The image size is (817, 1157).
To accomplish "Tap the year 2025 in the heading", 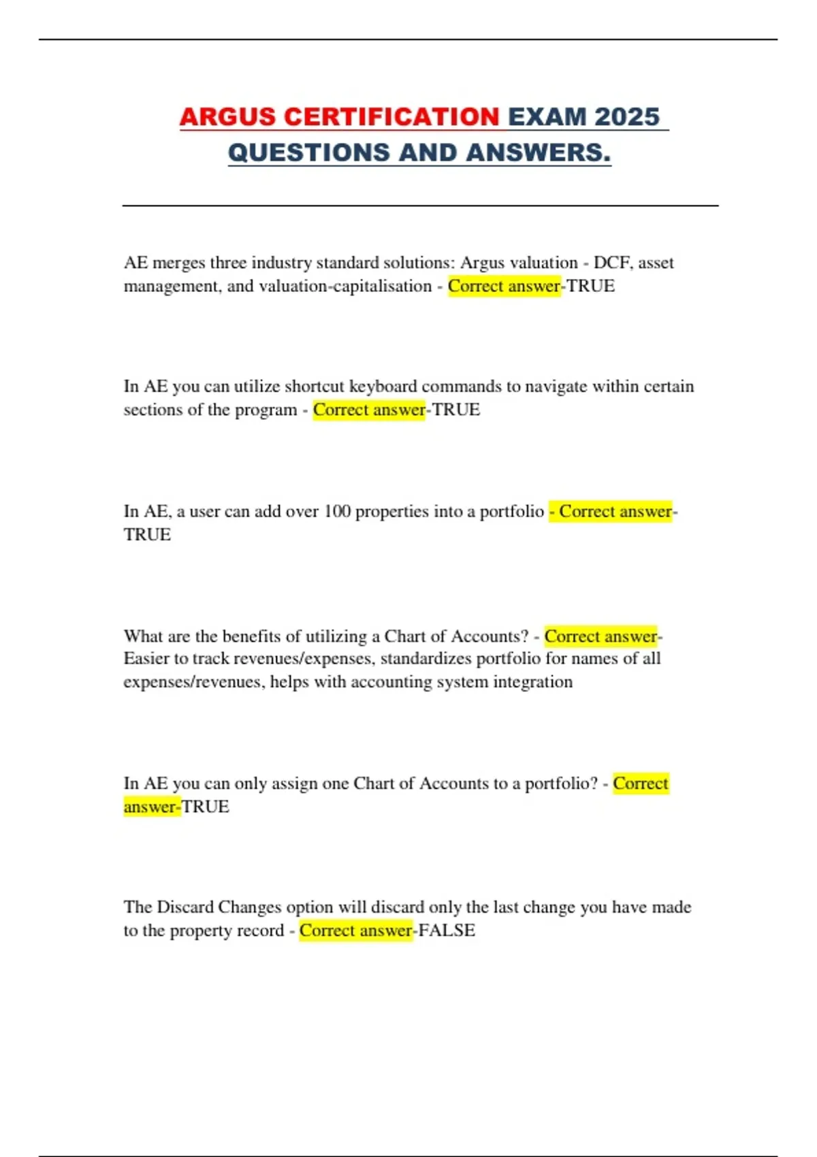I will coord(626,116).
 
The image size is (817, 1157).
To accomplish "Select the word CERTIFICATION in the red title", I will coord(391,116).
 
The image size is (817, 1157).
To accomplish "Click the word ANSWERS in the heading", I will coord(539,152).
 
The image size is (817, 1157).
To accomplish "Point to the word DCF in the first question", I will coord(611,263).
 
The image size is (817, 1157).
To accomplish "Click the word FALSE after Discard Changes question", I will coord(447,930).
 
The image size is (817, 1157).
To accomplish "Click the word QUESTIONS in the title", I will coord(309,152).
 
